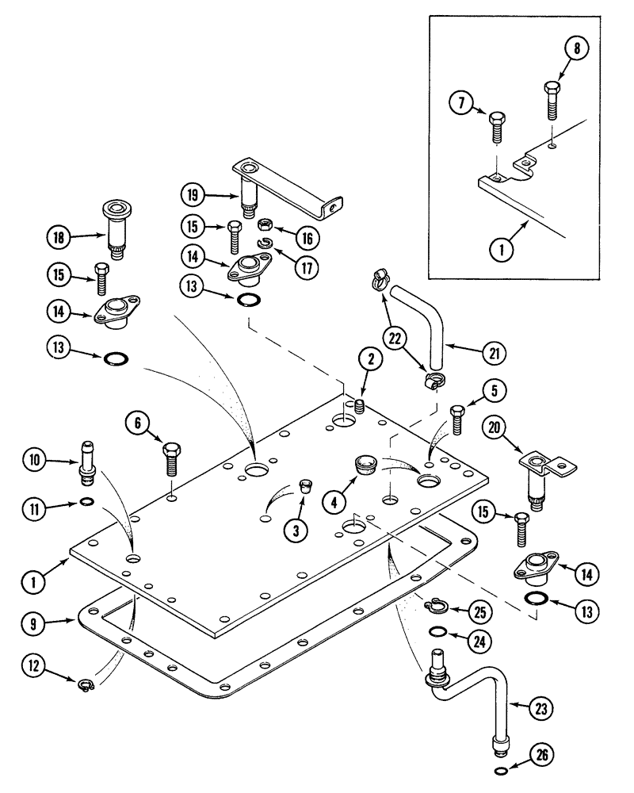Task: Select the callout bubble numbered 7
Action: [x=462, y=104]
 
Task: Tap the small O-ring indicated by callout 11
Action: [x=87, y=502]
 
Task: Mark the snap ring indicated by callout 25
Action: [x=432, y=608]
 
